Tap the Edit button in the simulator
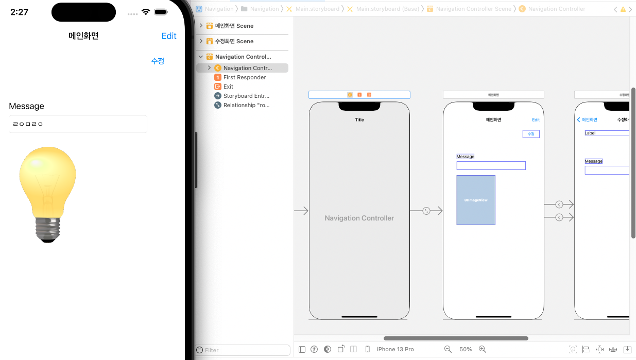[x=169, y=36]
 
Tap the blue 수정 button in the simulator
[x=158, y=61]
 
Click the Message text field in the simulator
[x=78, y=124]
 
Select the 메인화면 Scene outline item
[x=234, y=26]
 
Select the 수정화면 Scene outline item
[x=234, y=41]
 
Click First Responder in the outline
[x=245, y=77]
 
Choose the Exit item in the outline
[x=228, y=87]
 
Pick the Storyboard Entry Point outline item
[x=246, y=96]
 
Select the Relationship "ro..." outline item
[x=246, y=105]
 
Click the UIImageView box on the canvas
[x=476, y=200]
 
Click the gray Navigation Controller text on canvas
[x=359, y=218]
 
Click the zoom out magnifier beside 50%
[x=448, y=349]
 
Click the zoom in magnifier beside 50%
[x=483, y=349]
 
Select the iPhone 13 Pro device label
[x=395, y=349]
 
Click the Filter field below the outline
[x=245, y=350]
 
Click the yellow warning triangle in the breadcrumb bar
[x=623, y=9]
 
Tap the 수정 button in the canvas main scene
[x=531, y=134]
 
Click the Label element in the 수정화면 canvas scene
[x=590, y=133]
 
